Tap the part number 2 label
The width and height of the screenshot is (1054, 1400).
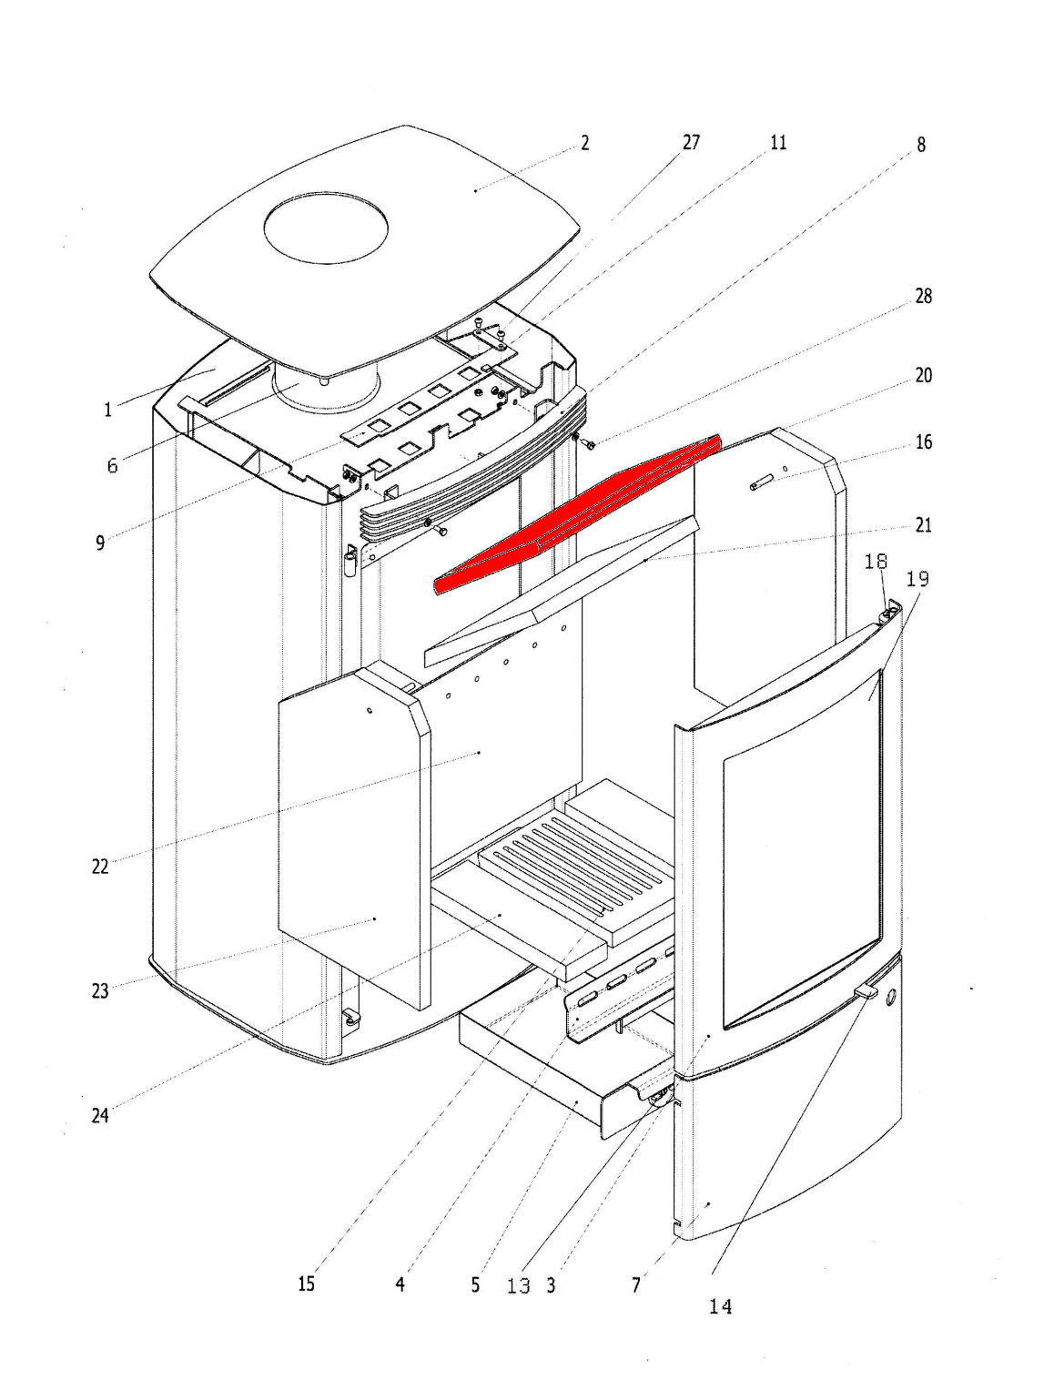pyautogui.click(x=584, y=143)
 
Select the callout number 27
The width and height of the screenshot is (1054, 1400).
pyautogui.click(x=691, y=143)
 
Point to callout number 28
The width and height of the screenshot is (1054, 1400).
pyautogui.click(x=923, y=297)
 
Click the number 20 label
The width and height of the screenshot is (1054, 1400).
pyautogui.click(x=923, y=375)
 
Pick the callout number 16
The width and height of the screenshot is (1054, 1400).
pyautogui.click(x=923, y=442)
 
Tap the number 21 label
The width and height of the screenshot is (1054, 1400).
pyautogui.click(x=923, y=525)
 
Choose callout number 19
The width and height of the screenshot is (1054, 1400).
pyautogui.click(x=918, y=579)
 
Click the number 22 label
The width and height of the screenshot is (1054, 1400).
pyautogui.click(x=100, y=867)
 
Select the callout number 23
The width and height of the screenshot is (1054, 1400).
pyautogui.click(x=100, y=991)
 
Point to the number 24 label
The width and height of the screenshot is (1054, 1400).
pyautogui.click(x=100, y=1115)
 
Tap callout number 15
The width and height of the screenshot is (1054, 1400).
pyautogui.click(x=306, y=1283)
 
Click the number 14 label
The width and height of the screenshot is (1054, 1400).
pyautogui.click(x=720, y=1307)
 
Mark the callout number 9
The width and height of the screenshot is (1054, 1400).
pyautogui.click(x=100, y=543)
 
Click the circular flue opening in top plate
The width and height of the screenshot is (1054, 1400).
pyautogui.click(x=326, y=228)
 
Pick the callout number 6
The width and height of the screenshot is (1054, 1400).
pyautogui.click(x=112, y=466)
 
